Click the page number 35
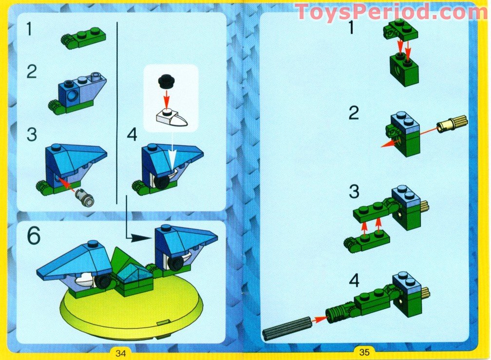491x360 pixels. pos(365,352)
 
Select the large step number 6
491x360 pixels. pos(34,236)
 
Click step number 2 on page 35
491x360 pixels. pos(354,114)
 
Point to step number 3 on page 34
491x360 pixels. pos(32,135)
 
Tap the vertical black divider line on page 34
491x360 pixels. pos(117,112)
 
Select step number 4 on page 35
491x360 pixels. pos(354,282)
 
